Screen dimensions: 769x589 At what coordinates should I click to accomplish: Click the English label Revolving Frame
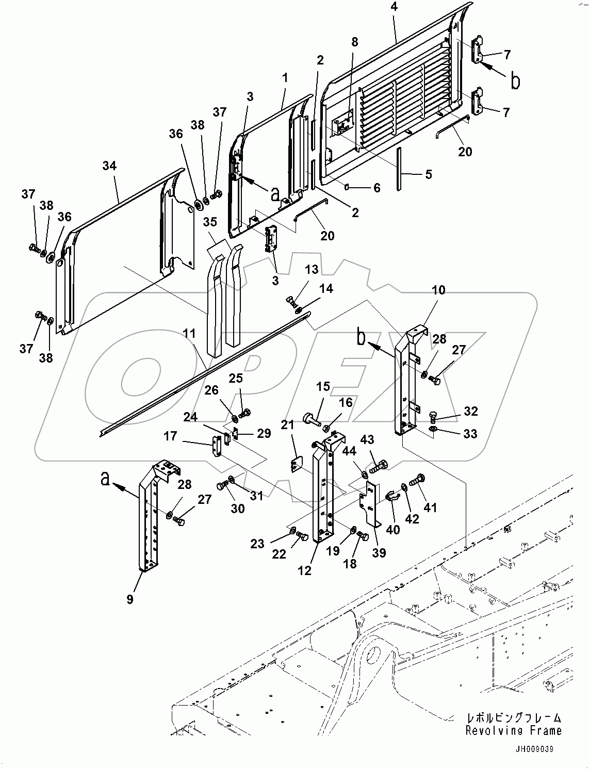point(513,730)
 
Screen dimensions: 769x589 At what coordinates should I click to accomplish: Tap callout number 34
point(109,166)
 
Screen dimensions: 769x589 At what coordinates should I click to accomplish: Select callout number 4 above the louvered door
point(394,7)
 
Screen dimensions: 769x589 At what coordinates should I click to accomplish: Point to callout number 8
point(354,42)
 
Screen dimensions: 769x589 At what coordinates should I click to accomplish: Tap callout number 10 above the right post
point(438,290)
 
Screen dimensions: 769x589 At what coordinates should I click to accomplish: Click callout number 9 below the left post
point(129,599)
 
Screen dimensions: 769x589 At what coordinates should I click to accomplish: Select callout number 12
point(305,570)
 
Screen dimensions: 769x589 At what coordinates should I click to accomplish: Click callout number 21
point(287,424)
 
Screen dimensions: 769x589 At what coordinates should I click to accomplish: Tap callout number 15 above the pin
point(323,386)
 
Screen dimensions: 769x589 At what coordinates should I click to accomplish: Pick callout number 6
point(377,188)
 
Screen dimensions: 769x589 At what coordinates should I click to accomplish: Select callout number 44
point(349,451)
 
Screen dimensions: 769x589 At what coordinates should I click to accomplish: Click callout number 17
point(170,436)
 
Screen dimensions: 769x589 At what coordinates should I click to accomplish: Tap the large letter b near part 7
point(515,81)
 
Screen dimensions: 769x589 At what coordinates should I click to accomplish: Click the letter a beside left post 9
point(105,480)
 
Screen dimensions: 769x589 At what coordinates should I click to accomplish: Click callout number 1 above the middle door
point(284,78)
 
